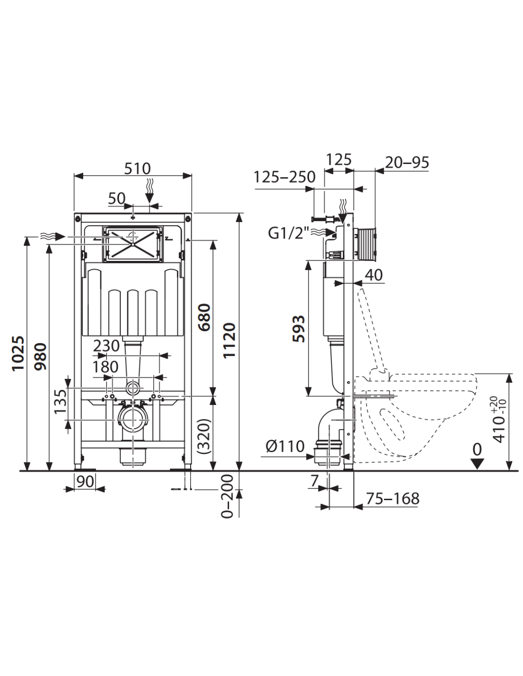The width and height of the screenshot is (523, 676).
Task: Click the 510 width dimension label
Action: tap(137, 169)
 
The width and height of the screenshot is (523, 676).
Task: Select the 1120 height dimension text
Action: tap(230, 341)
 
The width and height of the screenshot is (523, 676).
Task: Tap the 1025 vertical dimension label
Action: tap(18, 353)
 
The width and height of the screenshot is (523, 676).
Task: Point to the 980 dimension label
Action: tap(40, 356)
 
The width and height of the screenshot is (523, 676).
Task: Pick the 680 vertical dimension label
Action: tap(205, 317)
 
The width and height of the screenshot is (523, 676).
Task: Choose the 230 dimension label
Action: tap(106, 346)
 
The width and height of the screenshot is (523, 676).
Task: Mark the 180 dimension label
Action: tap(105, 367)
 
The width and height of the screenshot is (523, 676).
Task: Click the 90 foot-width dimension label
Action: tap(85, 482)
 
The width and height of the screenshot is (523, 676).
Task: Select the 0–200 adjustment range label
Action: tap(227, 496)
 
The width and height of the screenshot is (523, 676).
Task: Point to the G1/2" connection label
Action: tap(289, 233)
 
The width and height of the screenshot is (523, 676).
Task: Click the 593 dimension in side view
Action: tap(299, 329)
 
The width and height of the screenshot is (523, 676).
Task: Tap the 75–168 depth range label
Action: tap(393, 499)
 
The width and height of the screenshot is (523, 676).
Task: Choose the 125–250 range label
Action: tap(284, 177)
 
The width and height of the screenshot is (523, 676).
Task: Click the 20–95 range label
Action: tap(407, 163)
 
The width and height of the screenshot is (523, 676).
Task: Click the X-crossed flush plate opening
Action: tap(133, 244)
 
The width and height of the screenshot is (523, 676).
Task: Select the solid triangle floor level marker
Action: tap(477, 464)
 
